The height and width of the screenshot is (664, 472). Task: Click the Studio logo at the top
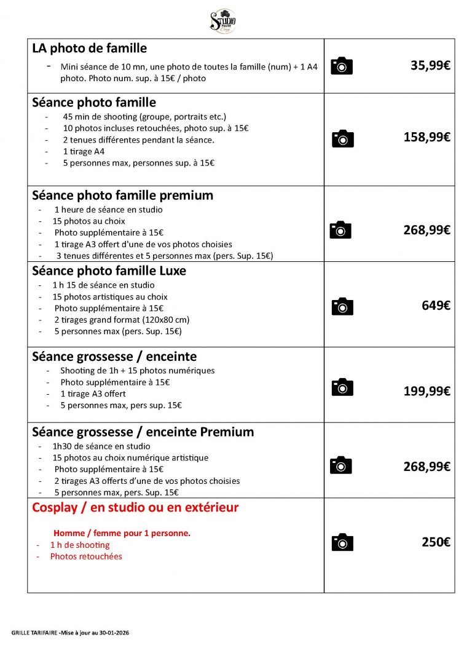[x=223, y=22]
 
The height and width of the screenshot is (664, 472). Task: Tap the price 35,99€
[x=430, y=65]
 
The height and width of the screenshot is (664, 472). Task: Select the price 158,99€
[x=427, y=137]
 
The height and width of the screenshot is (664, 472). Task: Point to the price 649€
[x=436, y=305]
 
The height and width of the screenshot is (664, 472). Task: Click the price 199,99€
[x=427, y=390]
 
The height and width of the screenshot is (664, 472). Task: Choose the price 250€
[x=436, y=542]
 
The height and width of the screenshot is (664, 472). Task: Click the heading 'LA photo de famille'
[x=89, y=48]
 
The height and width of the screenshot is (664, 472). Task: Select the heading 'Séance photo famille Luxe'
[x=109, y=271]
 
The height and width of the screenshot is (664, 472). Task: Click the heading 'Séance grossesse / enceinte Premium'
[x=143, y=432]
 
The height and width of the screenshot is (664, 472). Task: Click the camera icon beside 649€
[x=342, y=306]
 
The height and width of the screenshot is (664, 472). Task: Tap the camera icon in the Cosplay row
[x=342, y=542]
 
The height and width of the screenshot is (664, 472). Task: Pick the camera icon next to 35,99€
[x=342, y=66]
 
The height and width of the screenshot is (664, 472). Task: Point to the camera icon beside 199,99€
[x=342, y=387]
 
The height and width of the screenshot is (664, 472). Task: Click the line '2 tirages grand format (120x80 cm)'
[x=122, y=320]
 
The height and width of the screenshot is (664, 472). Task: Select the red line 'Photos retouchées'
[x=86, y=556]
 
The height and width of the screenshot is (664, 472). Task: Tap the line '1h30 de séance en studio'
[x=102, y=446]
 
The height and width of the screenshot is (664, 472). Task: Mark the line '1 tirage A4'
[x=84, y=151]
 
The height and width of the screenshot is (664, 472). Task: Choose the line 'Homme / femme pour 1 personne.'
[x=122, y=533]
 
